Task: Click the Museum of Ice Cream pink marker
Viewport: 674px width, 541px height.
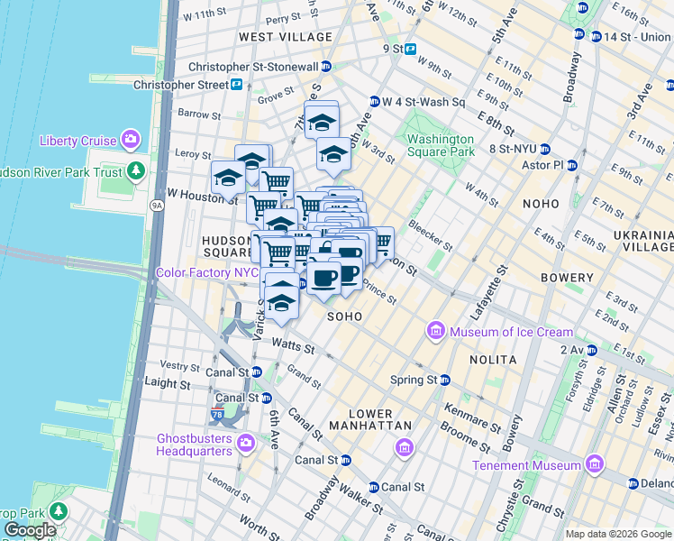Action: [437, 332]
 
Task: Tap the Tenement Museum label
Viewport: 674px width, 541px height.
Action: [528, 465]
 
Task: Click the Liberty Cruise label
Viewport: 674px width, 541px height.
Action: [77, 141]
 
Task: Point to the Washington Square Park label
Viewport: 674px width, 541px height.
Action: [440, 145]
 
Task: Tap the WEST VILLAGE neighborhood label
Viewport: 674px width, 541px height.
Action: [286, 37]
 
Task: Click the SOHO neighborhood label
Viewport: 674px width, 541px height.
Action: [344, 316]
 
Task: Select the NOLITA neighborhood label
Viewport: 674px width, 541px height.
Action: [493, 360]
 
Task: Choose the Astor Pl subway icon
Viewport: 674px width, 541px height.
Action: [571, 166]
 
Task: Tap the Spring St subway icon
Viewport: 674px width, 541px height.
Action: [444, 380]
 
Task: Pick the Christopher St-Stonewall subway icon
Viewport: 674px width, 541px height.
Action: [326, 67]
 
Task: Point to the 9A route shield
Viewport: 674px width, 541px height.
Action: [157, 206]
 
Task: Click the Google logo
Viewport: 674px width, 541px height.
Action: [30, 530]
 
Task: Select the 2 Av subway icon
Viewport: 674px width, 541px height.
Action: [591, 348]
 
